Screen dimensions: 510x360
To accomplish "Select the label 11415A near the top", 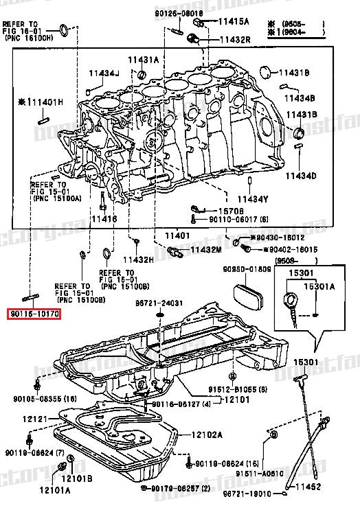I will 236,22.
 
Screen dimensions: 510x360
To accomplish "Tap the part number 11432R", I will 236,40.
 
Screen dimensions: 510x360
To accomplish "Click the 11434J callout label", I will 103,73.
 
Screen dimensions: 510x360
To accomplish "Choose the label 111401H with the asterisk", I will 40,102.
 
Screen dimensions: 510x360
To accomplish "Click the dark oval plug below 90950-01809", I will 248,298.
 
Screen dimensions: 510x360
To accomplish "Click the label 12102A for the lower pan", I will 206,434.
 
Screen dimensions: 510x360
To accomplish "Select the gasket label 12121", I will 32,419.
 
